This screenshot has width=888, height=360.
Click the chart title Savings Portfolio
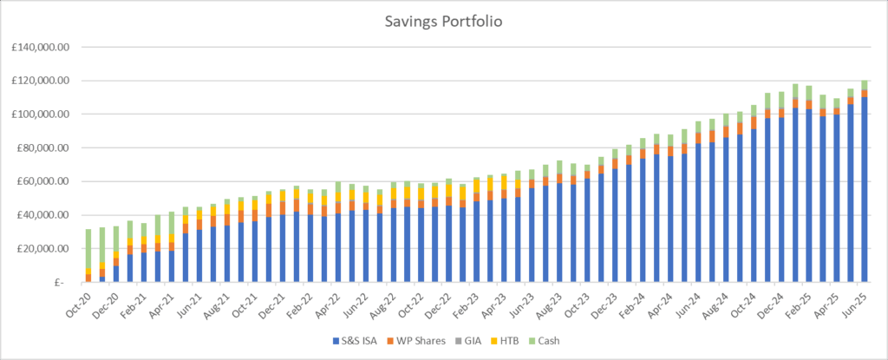(x=443, y=19)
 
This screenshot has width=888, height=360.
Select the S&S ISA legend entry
(x=361, y=343)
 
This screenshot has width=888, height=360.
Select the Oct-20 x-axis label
(x=77, y=302)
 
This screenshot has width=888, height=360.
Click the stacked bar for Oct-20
(x=88, y=256)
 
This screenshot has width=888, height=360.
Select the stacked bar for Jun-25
(x=865, y=182)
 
